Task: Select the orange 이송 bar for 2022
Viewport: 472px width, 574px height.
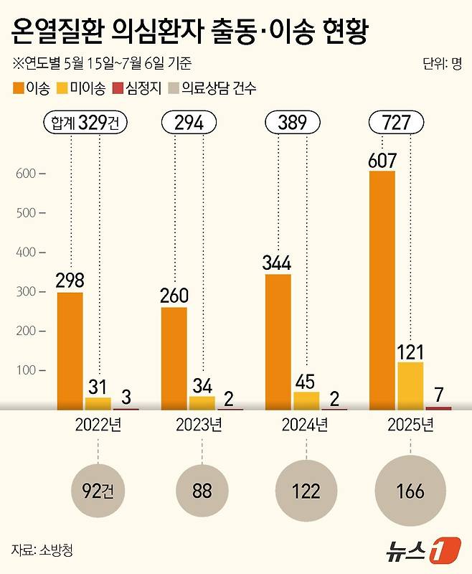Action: [x=70, y=350]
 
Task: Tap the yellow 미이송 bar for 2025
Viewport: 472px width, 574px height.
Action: [x=410, y=385]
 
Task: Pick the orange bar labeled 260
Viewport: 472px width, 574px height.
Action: [x=174, y=357]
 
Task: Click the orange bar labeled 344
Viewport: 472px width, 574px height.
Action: [x=279, y=341]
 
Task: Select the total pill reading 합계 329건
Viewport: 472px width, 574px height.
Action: [x=85, y=123]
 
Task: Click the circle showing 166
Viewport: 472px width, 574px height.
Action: [x=409, y=493]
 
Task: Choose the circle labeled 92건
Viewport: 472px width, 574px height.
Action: [x=98, y=493]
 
